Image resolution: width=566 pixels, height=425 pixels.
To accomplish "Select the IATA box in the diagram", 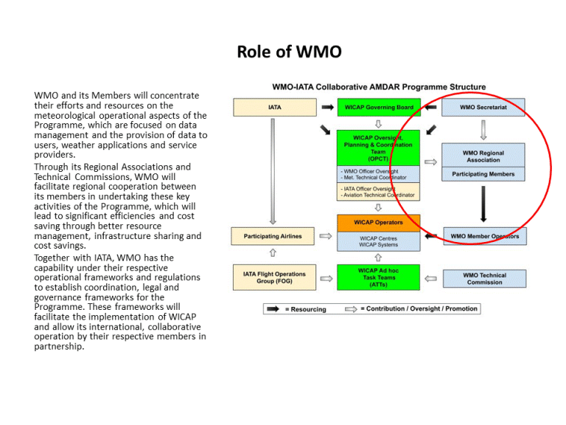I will coord(273,108).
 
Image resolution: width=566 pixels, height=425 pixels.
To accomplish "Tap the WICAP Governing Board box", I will coord(378,108).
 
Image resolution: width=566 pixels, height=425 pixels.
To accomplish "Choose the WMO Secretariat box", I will coord(483,108).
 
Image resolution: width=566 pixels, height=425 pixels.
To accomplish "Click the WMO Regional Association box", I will coord(483,156).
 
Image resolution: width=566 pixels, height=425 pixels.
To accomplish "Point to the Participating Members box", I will coord(483,175).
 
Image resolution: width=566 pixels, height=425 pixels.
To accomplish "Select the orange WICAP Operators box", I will coord(378,222).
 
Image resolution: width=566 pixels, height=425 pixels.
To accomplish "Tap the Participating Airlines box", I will coord(273,237).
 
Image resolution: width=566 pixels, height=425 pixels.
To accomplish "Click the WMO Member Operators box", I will coord(483,237).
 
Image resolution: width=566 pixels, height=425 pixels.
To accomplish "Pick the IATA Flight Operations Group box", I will coord(273,277).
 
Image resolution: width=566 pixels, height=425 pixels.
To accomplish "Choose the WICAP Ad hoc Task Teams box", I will coord(378,277).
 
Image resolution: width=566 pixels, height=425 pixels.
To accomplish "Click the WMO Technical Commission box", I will coord(484,279).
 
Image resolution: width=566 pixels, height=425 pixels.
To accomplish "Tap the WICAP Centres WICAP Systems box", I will coord(379,242).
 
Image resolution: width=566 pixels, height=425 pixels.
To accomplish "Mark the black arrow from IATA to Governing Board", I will coord(327,108).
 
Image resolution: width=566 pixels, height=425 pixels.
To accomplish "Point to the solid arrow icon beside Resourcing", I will coord(272,309).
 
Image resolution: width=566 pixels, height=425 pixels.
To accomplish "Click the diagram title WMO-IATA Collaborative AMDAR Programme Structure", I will coord(379,87).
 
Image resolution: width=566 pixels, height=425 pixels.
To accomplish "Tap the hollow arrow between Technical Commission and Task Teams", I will coord(431,278).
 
